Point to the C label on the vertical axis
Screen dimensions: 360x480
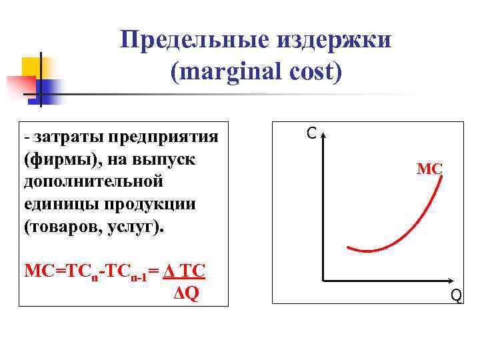click(x=311, y=133)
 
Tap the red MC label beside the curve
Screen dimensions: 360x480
click(x=429, y=169)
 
